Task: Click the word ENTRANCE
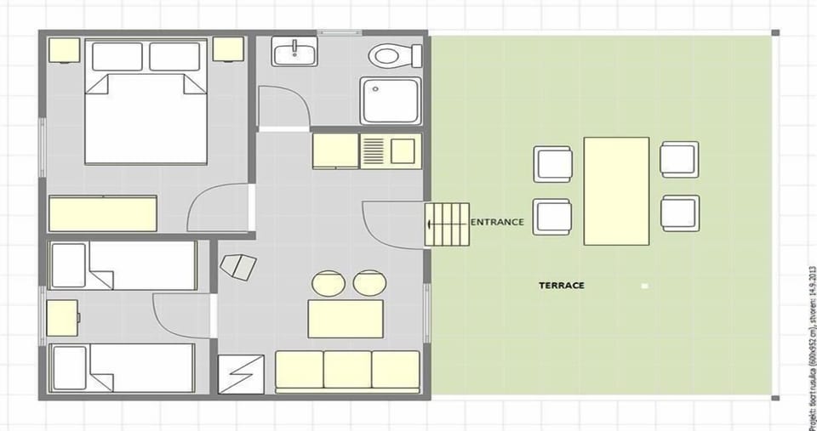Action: pyautogui.click(x=497, y=223)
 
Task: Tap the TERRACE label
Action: pyautogui.click(x=561, y=286)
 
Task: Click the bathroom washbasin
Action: pyautogui.click(x=294, y=52)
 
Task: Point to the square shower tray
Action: pyautogui.click(x=390, y=100)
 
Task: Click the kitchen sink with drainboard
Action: pyautogui.click(x=391, y=150)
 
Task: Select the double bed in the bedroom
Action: pyautogui.click(x=146, y=111)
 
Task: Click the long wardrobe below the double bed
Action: pyautogui.click(x=103, y=213)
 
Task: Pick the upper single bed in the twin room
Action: pyautogui.click(x=123, y=265)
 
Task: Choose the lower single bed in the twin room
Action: pyautogui.click(x=123, y=367)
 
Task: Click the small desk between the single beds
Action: pyautogui.click(x=63, y=318)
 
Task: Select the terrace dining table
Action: pyautogui.click(x=616, y=191)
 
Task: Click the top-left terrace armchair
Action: pyautogui.click(x=553, y=164)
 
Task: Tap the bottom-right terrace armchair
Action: pyautogui.click(x=680, y=213)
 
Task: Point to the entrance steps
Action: pyautogui.click(x=448, y=225)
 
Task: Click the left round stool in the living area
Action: pyautogui.click(x=329, y=283)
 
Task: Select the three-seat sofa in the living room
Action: pyautogui.click(x=347, y=371)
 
